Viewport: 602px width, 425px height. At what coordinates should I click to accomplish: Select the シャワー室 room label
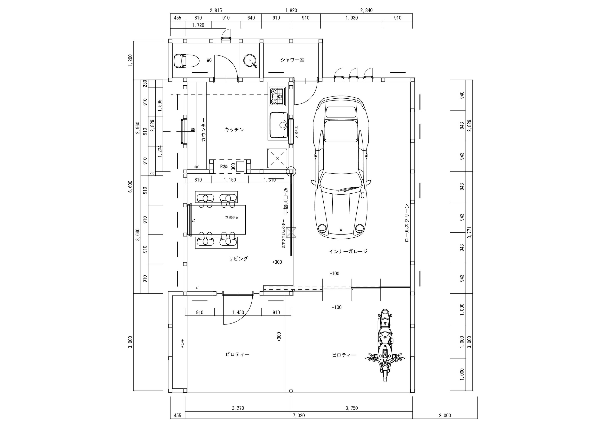292,60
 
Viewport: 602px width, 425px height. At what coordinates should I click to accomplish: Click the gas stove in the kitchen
277,96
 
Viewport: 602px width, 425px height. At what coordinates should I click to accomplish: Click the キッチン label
234,130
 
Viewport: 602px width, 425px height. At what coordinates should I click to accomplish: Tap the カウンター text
204,129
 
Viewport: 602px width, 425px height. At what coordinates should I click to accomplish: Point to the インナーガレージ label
348,251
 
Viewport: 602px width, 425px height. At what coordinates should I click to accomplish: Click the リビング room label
238,259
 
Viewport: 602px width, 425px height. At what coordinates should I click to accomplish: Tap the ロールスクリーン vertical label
407,223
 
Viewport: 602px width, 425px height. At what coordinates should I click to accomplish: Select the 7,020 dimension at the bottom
299,415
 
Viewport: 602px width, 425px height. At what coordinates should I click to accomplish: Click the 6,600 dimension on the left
130,186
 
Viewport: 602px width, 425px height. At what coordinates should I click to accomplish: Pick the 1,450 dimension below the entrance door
238,312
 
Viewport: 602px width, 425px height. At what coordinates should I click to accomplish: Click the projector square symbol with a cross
291,232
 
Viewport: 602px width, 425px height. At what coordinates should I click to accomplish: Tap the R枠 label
224,166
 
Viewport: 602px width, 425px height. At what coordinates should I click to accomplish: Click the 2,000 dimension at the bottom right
445,415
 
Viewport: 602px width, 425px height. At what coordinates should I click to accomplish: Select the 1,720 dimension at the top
198,25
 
